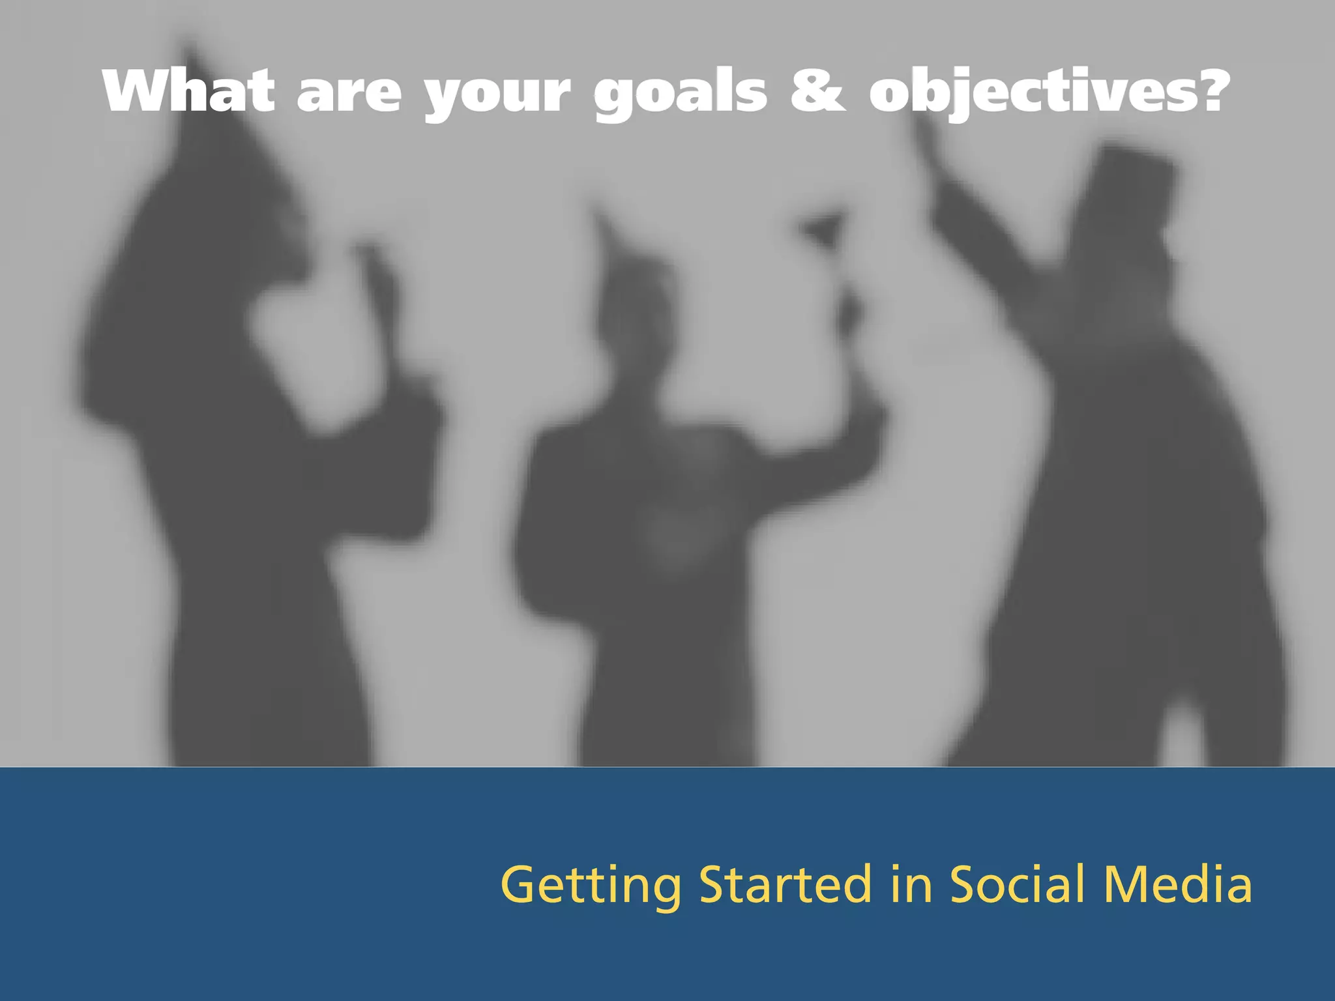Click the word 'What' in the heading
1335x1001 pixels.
[188, 91]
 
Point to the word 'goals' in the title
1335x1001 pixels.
[681, 95]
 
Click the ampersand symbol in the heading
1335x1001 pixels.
[818, 92]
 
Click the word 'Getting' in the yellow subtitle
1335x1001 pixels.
[591, 886]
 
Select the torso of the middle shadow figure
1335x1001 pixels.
[658, 534]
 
